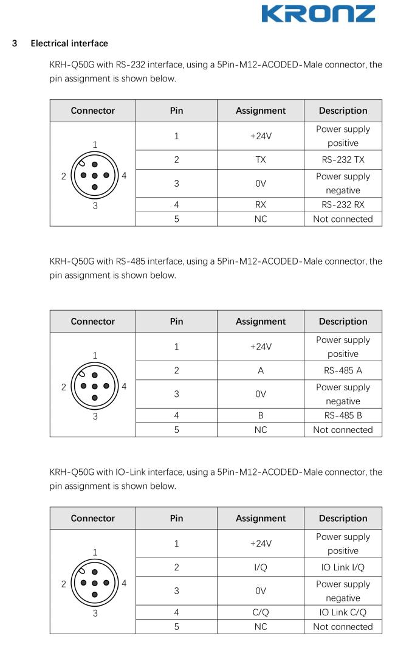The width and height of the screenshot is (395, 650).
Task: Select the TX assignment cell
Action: [261, 160]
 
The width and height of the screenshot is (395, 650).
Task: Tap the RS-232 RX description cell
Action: [343, 205]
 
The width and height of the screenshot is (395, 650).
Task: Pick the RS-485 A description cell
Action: [343, 370]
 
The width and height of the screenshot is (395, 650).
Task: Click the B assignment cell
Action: [261, 415]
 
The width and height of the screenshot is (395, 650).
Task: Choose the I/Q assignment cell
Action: [261, 567]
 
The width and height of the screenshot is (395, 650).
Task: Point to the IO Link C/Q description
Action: [343, 612]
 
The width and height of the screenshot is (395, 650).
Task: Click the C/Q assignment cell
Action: [261, 612]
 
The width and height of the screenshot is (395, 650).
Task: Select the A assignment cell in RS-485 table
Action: [261, 370]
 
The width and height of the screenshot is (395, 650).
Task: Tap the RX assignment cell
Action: [261, 205]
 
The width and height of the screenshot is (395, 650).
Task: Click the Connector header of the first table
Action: [93, 111]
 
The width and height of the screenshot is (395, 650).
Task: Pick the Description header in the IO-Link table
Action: [343, 518]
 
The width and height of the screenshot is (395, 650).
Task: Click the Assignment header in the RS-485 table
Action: [261, 321]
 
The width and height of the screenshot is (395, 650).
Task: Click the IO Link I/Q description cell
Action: [343, 567]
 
